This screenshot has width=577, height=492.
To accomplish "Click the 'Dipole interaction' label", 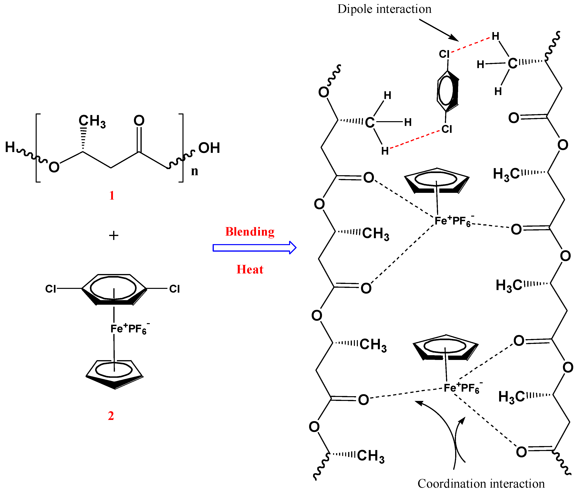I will click(384, 9).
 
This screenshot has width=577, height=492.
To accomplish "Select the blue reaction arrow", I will click(254, 247).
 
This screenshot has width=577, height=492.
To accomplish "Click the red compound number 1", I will click(112, 195).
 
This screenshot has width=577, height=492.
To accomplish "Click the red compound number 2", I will click(111, 416).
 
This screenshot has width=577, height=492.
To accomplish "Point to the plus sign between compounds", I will click(114, 235).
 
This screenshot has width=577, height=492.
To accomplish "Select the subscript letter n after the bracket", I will click(194, 171).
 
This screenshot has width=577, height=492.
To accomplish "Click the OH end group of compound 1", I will click(209, 148).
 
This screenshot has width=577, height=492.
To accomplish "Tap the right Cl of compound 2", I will click(174, 289).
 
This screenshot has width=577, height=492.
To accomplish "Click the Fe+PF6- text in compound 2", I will click(129, 329).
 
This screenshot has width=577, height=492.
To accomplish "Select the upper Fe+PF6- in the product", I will click(453, 221).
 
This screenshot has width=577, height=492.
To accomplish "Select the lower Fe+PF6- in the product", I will click(461, 388).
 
